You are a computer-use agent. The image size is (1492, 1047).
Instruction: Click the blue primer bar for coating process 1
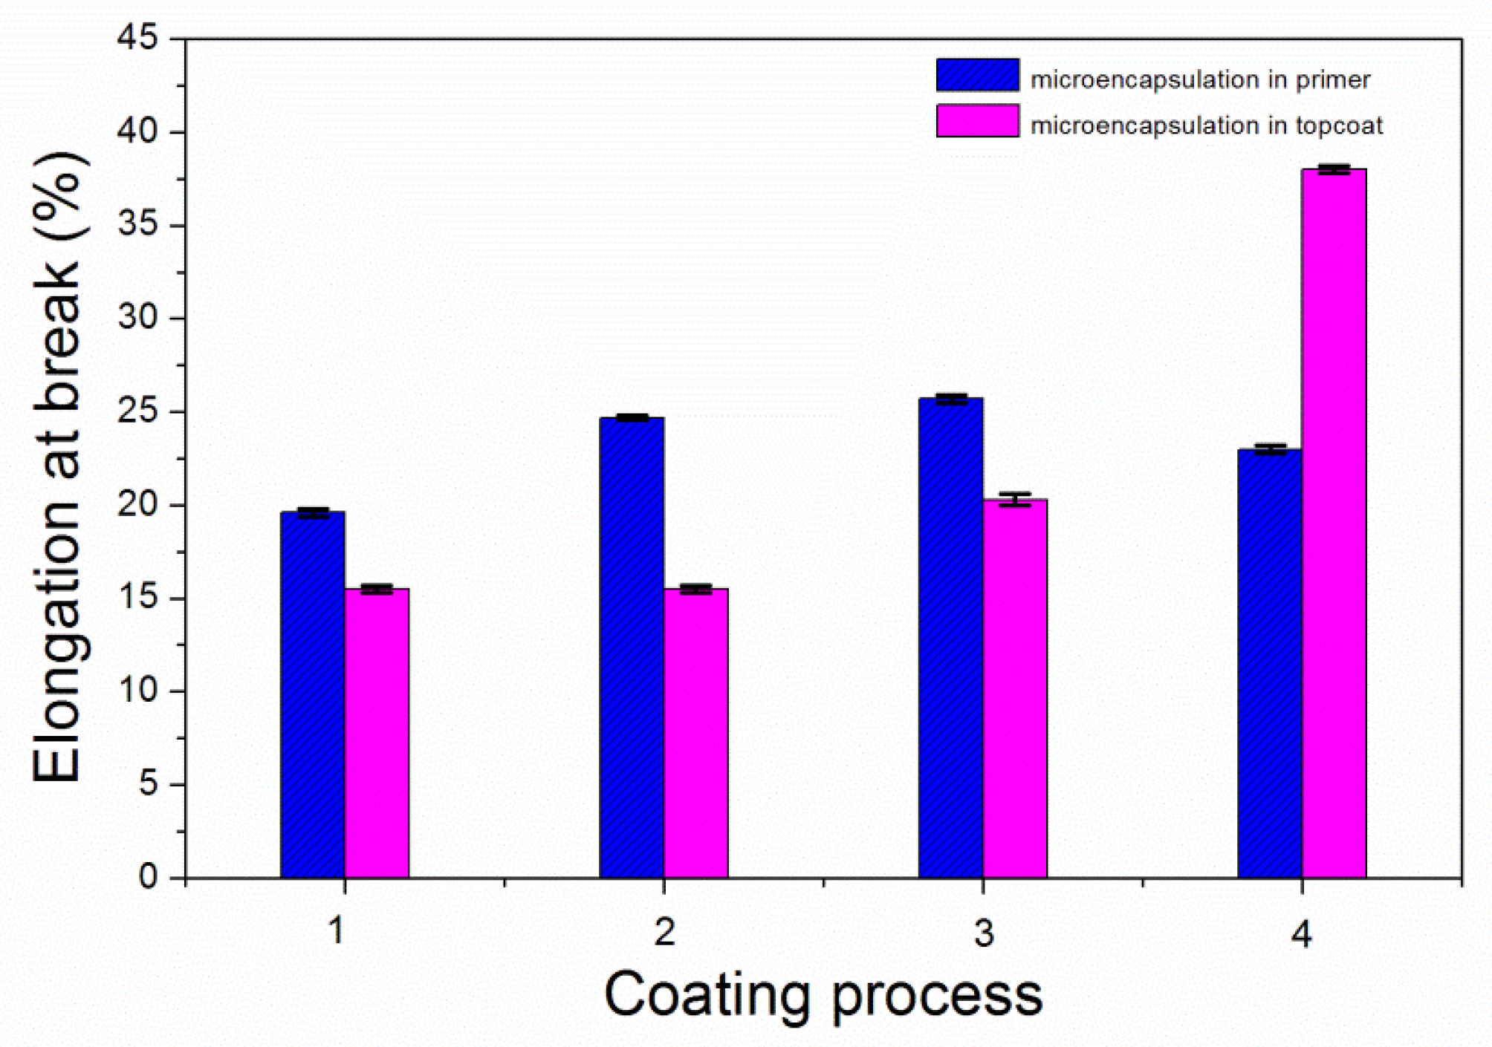312,694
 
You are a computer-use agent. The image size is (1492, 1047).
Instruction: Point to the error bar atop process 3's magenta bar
1014,499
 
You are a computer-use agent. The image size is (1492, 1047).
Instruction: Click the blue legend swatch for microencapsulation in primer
977,75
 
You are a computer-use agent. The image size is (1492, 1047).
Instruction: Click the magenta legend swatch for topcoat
977,121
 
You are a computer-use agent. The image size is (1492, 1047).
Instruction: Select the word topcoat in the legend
1339,125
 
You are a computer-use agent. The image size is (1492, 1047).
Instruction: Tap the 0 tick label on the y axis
148,877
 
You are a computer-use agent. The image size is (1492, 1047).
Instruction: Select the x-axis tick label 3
983,933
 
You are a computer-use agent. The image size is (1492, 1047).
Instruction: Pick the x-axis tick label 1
337,931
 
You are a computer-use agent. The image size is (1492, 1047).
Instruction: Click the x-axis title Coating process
823,996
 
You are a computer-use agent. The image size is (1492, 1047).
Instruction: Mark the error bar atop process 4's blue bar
1270,449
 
